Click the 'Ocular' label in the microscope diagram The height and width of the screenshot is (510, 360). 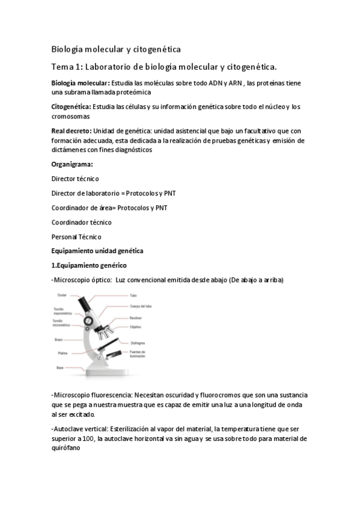[62, 295]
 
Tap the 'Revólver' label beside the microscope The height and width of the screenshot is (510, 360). [135, 318]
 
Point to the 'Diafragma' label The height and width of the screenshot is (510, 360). [137, 343]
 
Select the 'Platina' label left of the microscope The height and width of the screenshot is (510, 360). [63, 353]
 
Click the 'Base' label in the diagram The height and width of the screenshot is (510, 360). [60, 367]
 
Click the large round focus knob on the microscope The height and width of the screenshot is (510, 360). [88, 321]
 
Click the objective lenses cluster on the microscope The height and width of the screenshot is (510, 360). [107, 331]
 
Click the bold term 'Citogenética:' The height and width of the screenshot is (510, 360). [72, 106]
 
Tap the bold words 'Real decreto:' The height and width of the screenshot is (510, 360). [72, 129]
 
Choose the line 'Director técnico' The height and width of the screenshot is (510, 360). [76, 179]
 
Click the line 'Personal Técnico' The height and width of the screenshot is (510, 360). [76, 236]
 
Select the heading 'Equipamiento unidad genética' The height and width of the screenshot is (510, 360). [97, 251]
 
